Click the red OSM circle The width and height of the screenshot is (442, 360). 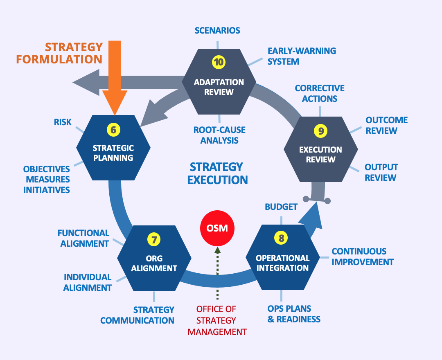pos(217,227)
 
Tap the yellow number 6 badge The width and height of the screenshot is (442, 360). pos(113,130)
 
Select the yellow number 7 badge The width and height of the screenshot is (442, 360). pos(154,240)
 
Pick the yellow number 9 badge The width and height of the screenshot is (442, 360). pos(321,131)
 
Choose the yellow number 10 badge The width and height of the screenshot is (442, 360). pos(219,62)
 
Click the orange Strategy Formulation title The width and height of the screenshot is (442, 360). pos(59,53)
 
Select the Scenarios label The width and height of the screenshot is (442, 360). pos(217,31)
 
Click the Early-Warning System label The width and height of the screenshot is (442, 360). pos(302,56)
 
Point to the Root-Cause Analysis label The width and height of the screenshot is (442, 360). pos(219,135)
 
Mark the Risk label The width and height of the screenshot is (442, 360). pos(63,122)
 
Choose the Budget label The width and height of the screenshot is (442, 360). pos(281,207)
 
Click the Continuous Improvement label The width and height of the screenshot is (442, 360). pos(362,256)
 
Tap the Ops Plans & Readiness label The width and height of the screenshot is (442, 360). pos(294,314)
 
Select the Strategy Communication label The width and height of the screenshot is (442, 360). pos(138,315)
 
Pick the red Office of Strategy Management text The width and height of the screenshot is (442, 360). pos(217,320)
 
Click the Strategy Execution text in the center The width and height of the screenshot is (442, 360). pos(217,173)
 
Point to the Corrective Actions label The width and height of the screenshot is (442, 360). pos(320,93)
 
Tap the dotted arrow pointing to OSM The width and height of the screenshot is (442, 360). pos(217,272)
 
